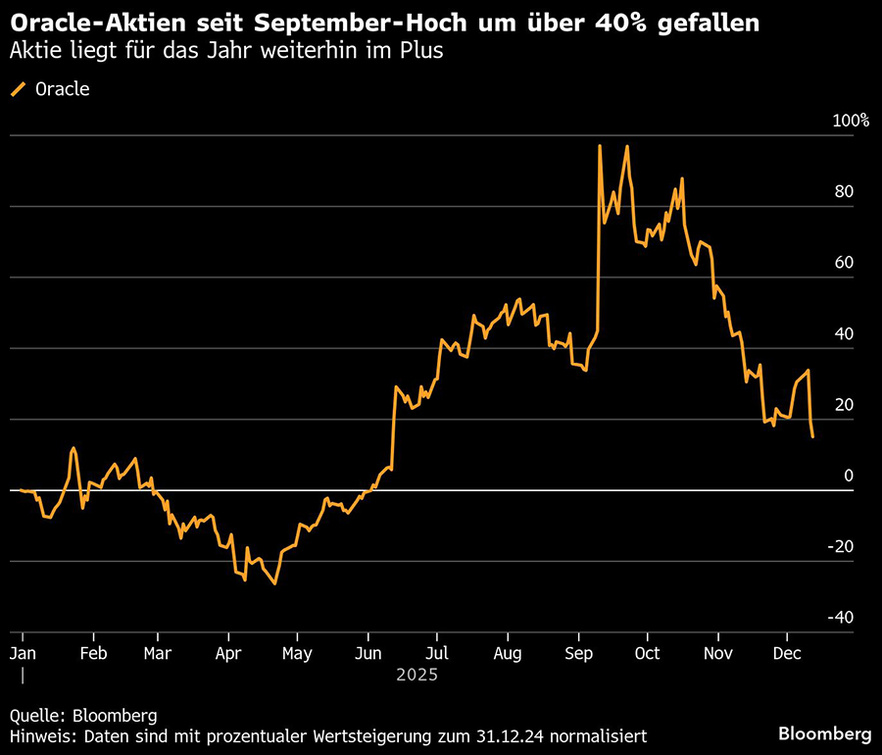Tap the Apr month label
click(228, 653)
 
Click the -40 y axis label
click(841, 618)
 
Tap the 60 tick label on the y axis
click(844, 263)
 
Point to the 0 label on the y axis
click(849, 476)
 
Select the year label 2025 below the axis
click(416, 676)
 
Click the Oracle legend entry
click(62, 89)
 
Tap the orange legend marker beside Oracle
click(19, 89)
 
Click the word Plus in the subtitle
click(421, 51)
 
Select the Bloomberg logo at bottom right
click(824, 733)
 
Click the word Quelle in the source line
click(37, 715)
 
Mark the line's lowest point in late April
click(275, 583)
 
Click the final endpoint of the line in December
click(812, 437)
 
